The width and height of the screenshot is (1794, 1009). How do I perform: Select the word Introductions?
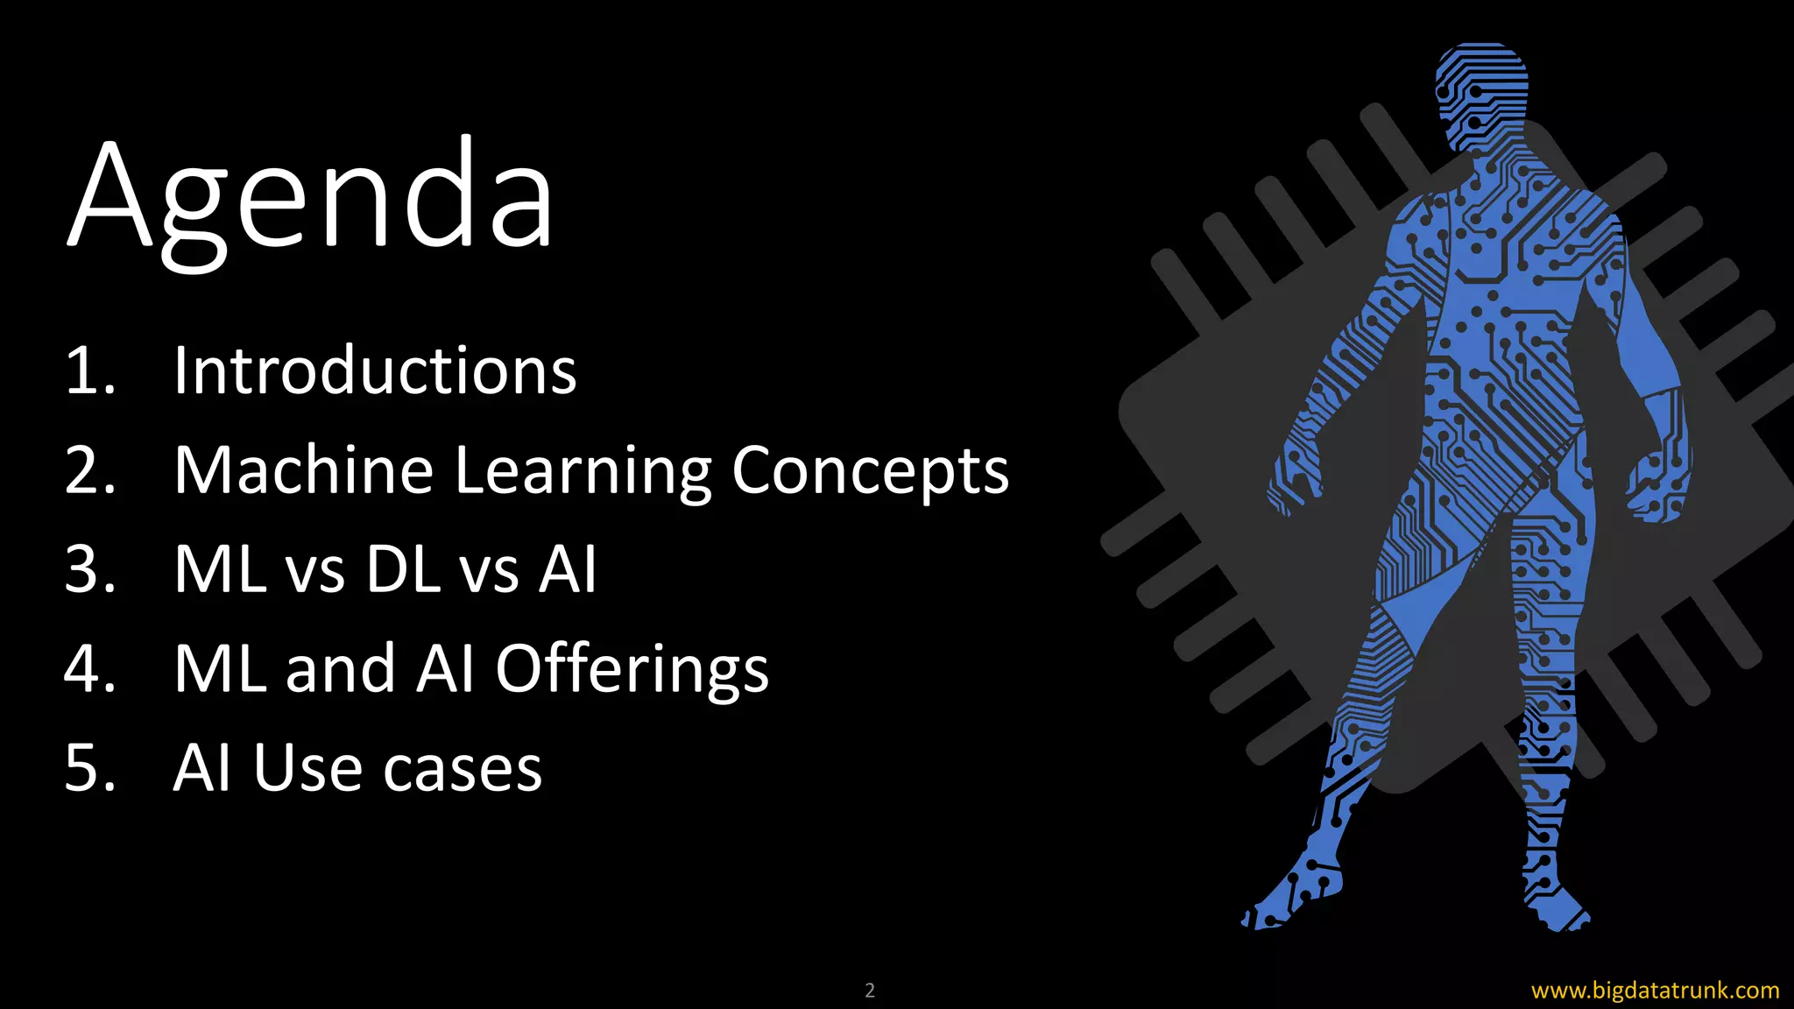coord(375,370)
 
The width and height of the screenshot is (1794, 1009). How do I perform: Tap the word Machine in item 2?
coord(303,470)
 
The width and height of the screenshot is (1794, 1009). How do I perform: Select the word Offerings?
coord(632,670)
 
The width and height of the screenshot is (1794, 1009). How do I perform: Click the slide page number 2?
coord(870,991)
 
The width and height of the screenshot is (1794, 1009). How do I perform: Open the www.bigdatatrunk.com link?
coord(1655,991)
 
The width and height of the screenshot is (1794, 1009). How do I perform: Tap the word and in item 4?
coord(340,669)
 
